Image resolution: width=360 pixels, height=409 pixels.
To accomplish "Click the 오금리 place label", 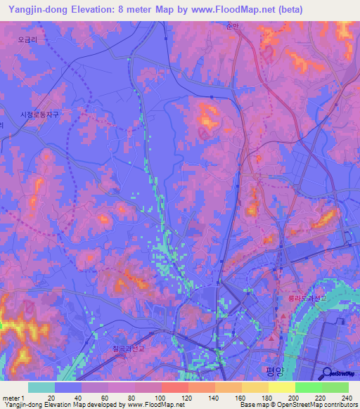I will point(27,40).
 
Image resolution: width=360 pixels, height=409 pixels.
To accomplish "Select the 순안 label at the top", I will point(233,25).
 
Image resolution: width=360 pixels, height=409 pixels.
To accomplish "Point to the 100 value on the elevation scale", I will point(159,398).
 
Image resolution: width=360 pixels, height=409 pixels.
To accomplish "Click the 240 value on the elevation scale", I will point(345,398).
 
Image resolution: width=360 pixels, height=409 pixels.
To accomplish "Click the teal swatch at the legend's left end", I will point(41,387).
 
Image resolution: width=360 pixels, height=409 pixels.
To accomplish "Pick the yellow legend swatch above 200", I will point(281,387).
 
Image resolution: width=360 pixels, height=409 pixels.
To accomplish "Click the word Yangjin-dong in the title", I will point(39,9).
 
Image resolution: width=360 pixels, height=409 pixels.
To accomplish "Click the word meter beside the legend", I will point(11,398).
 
